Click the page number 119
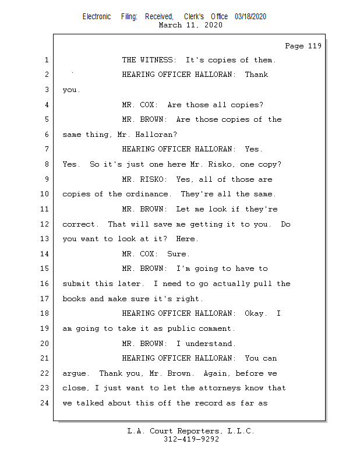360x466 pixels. (315, 46)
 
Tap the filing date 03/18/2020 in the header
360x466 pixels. (250, 17)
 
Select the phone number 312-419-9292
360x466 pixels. (191, 439)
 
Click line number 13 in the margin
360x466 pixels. (44, 239)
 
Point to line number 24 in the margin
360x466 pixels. (44, 403)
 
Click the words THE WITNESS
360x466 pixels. (147, 60)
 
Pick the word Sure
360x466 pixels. (177, 254)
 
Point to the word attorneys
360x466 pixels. (220, 388)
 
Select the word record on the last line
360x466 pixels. (208, 403)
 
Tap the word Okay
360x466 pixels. (254, 313)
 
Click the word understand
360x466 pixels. (209, 344)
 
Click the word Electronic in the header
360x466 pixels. (97, 17)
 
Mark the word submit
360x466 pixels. (76, 284)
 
